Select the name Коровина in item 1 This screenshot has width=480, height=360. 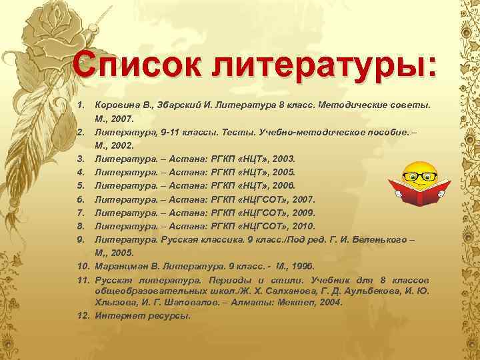[x=119, y=106]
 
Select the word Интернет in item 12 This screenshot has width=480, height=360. [x=116, y=315]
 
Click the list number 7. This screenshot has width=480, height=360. [x=79, y=213]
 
